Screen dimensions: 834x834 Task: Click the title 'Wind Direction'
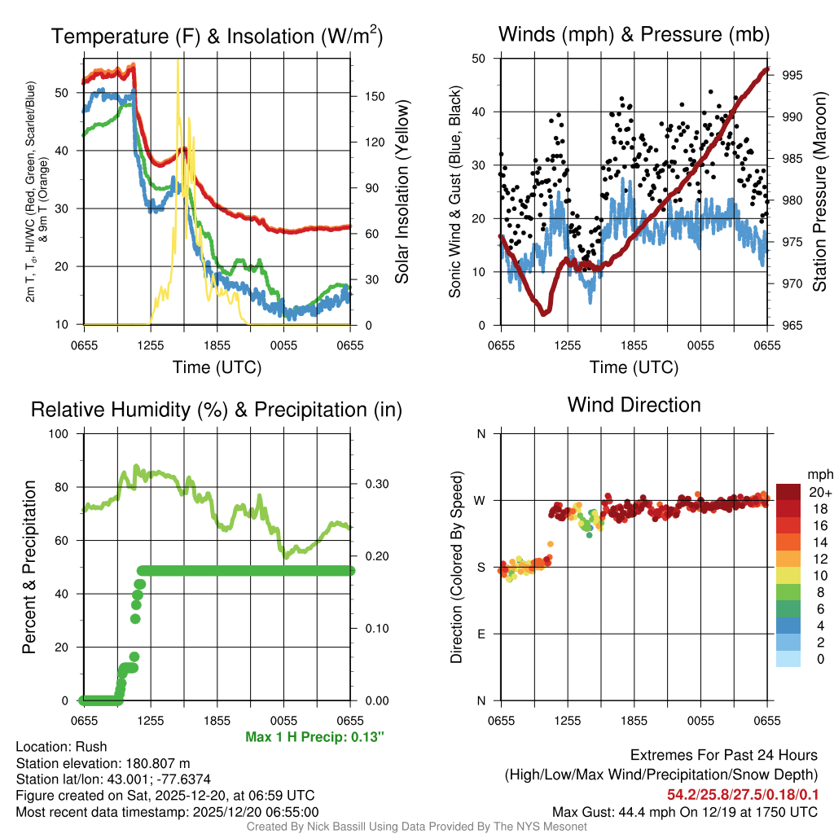point(634,405)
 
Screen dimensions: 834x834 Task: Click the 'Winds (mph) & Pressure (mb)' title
point(634,35)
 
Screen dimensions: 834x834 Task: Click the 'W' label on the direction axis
point(481,500)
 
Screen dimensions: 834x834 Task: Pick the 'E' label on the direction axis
point(481,634)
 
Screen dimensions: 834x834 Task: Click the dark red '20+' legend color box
point(788,492)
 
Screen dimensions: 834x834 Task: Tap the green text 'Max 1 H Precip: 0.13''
point(314,737)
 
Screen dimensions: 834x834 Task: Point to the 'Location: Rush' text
point(61,747)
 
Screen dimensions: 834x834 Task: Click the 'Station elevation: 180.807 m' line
point(103,763)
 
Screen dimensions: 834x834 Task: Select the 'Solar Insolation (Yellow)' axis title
point(402,191)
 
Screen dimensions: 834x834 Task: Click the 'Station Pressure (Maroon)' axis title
point(819,191)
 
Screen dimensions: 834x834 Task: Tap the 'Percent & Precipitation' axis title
point(29,567)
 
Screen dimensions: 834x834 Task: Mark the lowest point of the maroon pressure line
point(544,313)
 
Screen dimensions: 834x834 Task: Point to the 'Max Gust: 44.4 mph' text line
point(684,812)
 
